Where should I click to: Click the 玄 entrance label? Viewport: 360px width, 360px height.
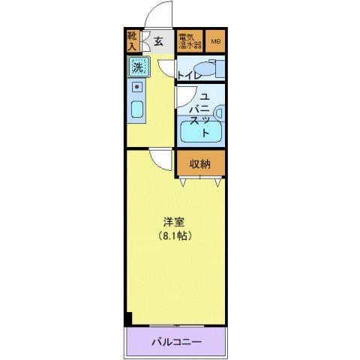click(159, 42)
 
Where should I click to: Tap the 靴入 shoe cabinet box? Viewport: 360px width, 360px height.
click(133, 41)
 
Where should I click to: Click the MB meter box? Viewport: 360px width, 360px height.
click(215, 42)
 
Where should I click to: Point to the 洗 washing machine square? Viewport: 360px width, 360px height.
click(137, 68)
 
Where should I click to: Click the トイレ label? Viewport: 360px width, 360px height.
click(188, 75)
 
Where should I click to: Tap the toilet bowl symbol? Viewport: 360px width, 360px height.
click(212, 68)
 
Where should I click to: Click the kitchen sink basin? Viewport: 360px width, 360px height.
click(137, 110)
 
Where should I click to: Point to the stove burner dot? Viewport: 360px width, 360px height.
click(137, 87)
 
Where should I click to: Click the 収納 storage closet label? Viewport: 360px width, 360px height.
click(199, 164)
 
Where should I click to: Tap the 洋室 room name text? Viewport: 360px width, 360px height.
click(175, 223)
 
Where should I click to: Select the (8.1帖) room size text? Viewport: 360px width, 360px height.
click(175, 236)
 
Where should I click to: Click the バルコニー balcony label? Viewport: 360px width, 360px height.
click(175, 343)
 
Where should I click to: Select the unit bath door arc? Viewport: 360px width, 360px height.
click(183, 96)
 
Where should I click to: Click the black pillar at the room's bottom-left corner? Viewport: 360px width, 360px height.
click(129, 318)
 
